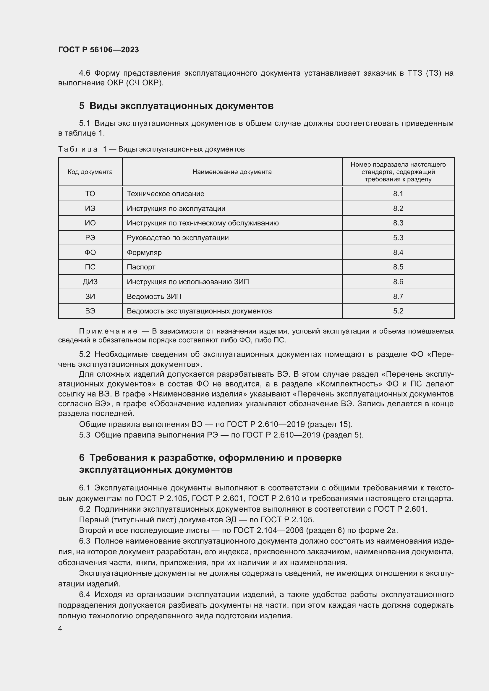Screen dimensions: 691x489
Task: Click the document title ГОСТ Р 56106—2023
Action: [98, 50]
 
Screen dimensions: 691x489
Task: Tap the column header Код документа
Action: [90, 172]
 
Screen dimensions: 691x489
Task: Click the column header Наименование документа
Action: [232, 172]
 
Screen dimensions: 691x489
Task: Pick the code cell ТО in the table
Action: [90, 194]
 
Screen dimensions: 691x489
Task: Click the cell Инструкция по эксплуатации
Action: [176, 209]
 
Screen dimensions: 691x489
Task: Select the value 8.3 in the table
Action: [398, 223]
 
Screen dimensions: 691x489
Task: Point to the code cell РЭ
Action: [90, 238]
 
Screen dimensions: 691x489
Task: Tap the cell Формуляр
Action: [144, 253]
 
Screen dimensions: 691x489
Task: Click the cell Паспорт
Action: [141, 267]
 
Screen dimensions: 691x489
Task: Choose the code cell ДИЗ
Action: [90, 282]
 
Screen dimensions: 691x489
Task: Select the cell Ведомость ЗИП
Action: [154, 296]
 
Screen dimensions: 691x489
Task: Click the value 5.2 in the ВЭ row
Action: [398, 311]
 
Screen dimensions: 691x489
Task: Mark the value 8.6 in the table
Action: [398, 282]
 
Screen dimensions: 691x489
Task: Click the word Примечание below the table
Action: [108, 331]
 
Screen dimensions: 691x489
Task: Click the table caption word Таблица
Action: [78, 149]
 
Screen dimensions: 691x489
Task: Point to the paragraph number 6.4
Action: [85, 594]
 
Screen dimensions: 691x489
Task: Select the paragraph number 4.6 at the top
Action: [85, 73]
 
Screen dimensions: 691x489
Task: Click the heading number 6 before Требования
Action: [82, 458]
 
